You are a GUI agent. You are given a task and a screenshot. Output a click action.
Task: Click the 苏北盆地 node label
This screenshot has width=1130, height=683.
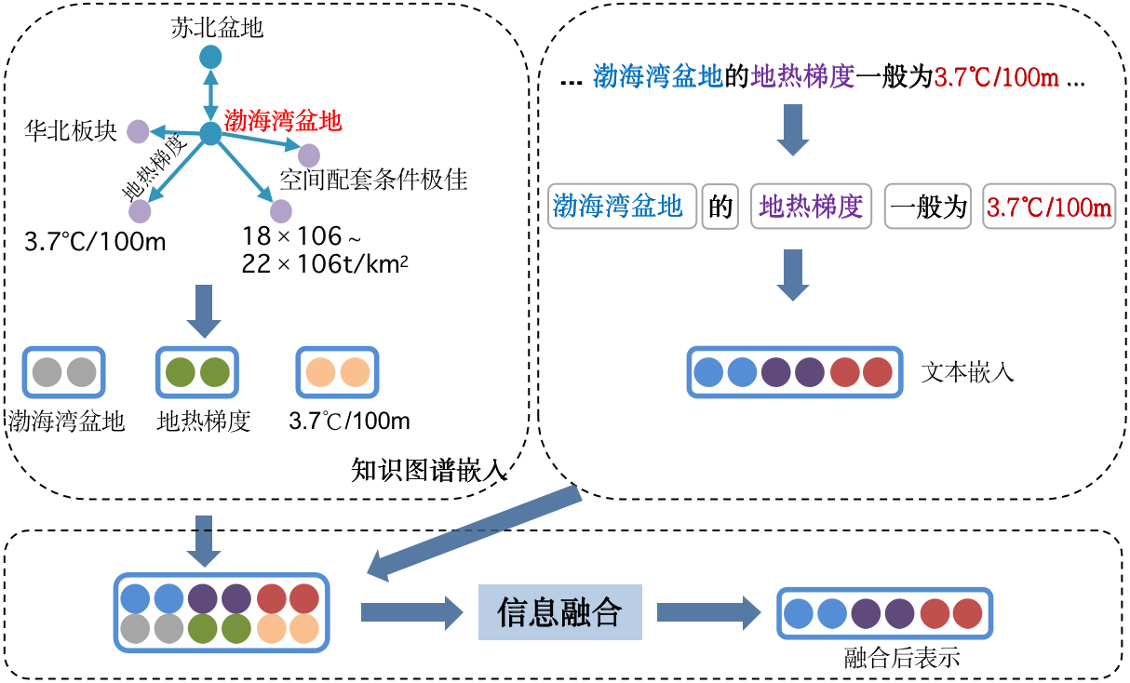point(217,28)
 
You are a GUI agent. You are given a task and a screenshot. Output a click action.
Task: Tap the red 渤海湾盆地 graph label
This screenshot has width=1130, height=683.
point(283,121)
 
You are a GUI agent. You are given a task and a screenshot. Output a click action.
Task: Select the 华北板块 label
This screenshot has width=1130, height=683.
point(71,132)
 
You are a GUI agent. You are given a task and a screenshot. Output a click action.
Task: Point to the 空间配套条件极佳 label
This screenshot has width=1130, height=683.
point(373,180)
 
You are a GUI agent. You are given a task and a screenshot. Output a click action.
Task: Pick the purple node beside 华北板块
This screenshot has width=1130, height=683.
point(138,132)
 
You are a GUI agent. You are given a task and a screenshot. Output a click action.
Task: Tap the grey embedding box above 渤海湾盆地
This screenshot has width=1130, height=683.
point(64,372)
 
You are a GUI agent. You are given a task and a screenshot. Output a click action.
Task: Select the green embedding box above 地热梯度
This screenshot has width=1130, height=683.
point(196,372)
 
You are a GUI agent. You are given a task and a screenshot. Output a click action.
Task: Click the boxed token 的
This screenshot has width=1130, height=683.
point(721,207)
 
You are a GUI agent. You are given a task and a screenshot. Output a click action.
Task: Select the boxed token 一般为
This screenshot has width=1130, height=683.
point(927,207)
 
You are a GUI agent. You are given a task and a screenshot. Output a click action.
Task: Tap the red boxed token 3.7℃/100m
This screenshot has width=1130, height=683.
point(1049,207)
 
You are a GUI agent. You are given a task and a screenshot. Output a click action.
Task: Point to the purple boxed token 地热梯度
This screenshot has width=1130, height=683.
point(811,207)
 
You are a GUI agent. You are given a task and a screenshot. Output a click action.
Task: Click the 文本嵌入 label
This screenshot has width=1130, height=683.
point(967,373)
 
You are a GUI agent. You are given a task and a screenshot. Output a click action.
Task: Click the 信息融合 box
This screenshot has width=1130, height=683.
point(559,612)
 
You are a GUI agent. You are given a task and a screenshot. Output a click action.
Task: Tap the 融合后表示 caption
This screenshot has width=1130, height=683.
point(901,659)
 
